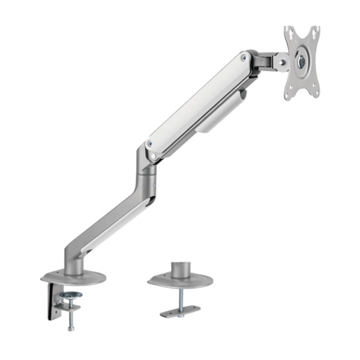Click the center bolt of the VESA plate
(x=301, y=61)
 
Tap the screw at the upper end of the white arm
(x=244, y=58)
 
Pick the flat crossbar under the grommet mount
(x=180, y=310)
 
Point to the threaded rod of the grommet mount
(x=180, y=296)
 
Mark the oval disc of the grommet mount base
(x=180, y=281)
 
